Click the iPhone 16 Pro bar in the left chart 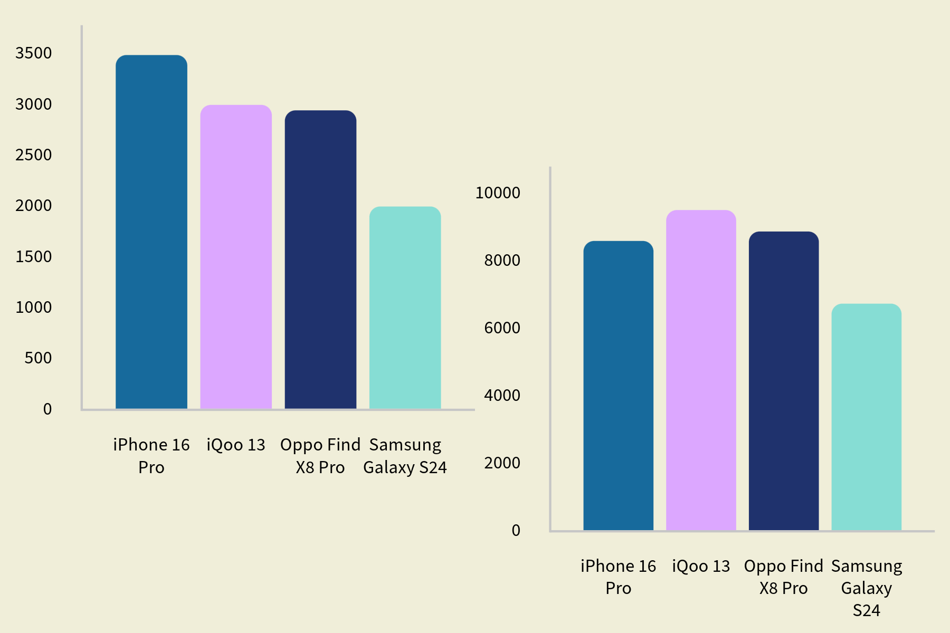pyautogui.click(x=151, y=232)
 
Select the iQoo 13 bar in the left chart pyautogui.click(x=236, y=257)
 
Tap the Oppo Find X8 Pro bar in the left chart pyautogui.click(x=320, y=260)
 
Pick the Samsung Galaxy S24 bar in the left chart pyautogui.click(x=405, y=308)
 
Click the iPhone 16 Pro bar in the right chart pyautogui.click(x=618, y=386)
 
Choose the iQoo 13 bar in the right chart pyautogui.click(x=701, y=370)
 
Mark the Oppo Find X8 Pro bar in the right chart pyautogui.click(x=784, y=381)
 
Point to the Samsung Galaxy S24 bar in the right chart pyautogui.click(x=866, y=417)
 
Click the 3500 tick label pyautogui.click(x=34, y=53)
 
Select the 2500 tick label pyautogui.click(x=34, y=155)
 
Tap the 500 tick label pyautogui.click(x=38, y=358)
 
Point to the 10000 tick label pyautogui.click(x=498, y=193)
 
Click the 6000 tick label pyautogui.click(x=502, y=328)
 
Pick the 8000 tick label pyautogui.click(x=502, y=261)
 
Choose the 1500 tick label pyautogui.click(x=34, y=257)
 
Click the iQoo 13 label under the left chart pyautogui.click(x=236, y=445)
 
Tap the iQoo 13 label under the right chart pyautogui.click(x=701, y=567)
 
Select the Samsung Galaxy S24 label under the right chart pyautogui.click(x=866, y=588)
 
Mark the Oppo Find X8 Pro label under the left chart pyautogui.click(x=320, y=456)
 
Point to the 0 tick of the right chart pyautogui.click(x=516, y=531)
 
